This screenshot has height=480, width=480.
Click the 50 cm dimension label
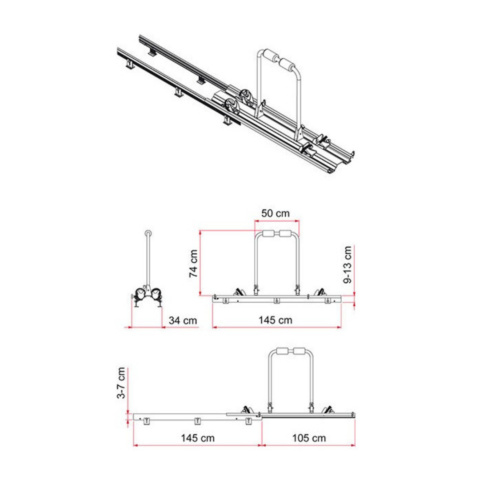click(275, 213)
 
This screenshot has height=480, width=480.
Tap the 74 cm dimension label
click(193, 264)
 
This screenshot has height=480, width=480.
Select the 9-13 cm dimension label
click(348, 264)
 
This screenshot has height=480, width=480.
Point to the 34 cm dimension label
click(183, 320)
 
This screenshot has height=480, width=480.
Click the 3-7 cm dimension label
click(121, 383)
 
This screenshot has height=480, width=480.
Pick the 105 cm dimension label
click(309, 438)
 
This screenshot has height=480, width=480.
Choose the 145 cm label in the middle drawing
click(275, 320)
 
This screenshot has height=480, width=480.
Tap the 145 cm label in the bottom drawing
click(197, 438)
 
